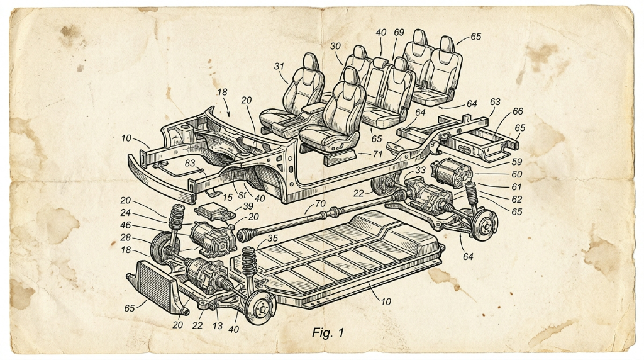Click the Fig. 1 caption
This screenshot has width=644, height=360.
328,332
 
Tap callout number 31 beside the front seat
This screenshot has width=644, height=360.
279,66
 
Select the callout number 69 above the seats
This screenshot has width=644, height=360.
399,32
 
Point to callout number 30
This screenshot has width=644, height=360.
336,47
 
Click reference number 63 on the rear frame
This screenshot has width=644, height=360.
495,101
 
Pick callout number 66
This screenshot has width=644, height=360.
518,111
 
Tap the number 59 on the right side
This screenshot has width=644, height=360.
516,162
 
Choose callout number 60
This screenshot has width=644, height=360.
516,175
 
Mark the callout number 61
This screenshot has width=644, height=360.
516,187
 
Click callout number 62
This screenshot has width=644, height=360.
517,200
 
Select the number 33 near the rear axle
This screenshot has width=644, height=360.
421,170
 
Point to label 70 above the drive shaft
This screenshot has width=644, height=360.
320,203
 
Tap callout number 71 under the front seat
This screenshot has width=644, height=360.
377,154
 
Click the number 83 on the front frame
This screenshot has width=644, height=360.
190,163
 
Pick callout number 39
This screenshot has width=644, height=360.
248,206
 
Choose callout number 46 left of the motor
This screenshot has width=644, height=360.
126,225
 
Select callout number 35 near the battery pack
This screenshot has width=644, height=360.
272,239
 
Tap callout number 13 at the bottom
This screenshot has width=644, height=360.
217,326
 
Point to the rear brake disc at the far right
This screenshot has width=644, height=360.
485,225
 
